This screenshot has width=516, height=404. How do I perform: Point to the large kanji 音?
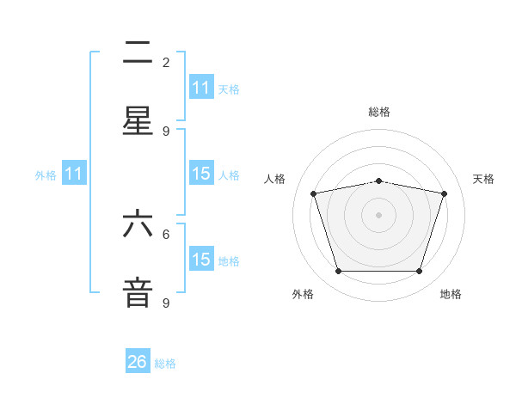[x=138, y=292]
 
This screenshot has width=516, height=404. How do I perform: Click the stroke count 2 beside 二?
[x=166, y=63]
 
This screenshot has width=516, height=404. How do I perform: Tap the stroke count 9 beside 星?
[x=166, y=132]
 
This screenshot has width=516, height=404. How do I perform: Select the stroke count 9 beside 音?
[x=166, y=303]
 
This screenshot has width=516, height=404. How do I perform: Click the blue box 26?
[x=138, y=362]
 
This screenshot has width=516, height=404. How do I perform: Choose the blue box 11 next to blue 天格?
[x=201, y=88]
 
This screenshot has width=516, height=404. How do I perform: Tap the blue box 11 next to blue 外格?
[x=74, y=174]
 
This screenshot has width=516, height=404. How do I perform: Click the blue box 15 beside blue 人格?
[x=201, y=174]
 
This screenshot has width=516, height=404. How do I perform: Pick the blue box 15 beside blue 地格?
[x=201, y=260]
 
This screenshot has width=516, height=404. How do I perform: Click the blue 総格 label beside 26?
[x=165, y=364]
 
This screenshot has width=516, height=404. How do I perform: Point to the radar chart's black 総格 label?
[x=379, y=112]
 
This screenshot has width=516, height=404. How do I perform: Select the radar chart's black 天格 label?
[x=484, y=179]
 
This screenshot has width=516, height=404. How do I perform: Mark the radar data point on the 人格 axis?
[x=314, y=193]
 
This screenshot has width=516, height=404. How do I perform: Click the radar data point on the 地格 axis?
[x=419, y=272]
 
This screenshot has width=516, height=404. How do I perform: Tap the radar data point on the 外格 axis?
[x=338, y=272]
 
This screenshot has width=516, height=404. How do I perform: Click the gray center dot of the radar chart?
[x=378, y=215]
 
